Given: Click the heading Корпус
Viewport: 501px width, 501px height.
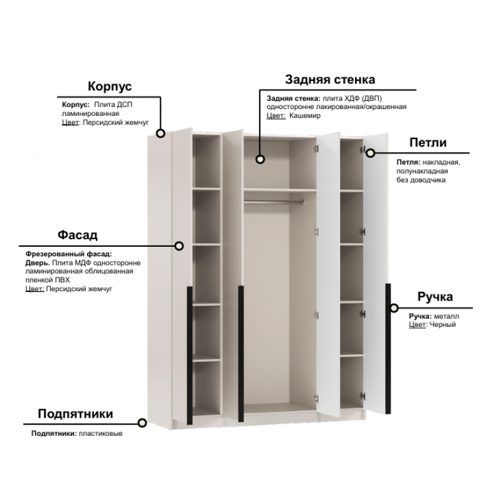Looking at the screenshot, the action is (110, 86).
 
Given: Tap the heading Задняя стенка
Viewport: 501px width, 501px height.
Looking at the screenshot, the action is (330, 80).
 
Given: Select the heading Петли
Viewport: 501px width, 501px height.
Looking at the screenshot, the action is (428, 143).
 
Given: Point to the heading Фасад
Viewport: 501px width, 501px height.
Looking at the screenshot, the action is (78, 235).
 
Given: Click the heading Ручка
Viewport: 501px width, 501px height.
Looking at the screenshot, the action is (435, 297).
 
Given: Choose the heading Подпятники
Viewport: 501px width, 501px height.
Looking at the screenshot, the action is (75, 414).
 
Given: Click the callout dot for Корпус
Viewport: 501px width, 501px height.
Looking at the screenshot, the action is (160, 133).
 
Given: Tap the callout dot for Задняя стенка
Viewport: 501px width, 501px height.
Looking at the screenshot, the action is (261, 159).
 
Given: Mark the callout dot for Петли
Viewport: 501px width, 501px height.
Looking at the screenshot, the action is (370, 153).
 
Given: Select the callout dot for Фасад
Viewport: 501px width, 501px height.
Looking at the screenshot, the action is (179, 245).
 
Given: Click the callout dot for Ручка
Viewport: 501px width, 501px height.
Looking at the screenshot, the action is (395, 308).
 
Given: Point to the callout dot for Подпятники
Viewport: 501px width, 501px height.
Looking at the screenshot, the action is (142, 423).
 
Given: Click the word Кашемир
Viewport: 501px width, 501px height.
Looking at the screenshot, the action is (304, 116).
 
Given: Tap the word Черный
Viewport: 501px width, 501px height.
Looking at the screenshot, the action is (443, 324).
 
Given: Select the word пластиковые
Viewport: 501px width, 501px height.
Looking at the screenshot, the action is (101, 433).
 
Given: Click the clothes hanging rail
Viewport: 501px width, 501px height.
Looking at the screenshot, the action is (274, 201).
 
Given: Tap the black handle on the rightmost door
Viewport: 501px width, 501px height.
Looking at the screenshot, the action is (388, 349).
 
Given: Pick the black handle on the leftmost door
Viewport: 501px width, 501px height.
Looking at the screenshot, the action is (190, 355).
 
